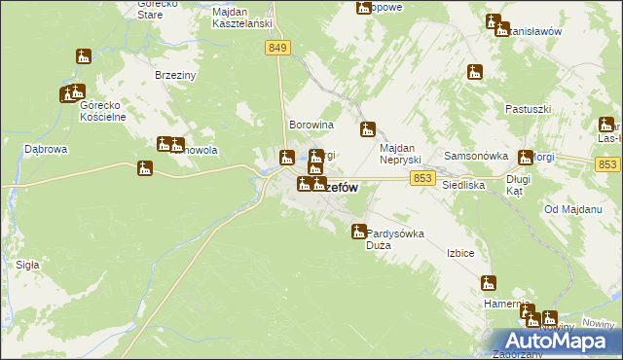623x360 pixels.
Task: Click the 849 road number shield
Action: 277,47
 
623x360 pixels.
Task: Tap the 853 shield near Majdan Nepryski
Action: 421,177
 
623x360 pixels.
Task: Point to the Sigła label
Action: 27,264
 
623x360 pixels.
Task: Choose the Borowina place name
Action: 311,126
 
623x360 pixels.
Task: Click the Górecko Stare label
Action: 158,10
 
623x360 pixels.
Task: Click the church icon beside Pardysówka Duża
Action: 358,232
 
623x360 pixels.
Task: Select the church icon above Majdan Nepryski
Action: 368,128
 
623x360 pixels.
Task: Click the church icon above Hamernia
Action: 489,283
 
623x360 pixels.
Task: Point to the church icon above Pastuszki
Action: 475,71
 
